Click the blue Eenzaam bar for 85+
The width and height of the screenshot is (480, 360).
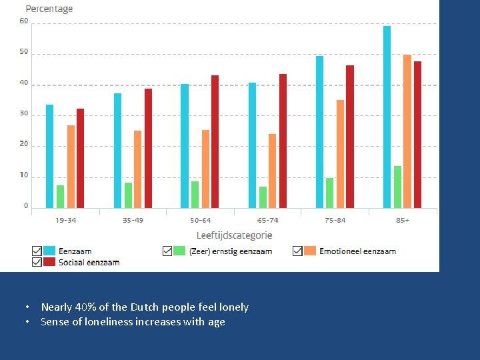point(387,117)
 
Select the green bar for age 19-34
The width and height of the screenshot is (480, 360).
point(60,197)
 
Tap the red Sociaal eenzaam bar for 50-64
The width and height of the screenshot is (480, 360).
point(215,141)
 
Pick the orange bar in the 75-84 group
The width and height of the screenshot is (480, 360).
point(340,154)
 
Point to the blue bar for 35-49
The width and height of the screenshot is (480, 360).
point(117,151)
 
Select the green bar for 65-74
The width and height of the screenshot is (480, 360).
point(263,197)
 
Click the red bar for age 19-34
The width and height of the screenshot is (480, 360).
point(80,158)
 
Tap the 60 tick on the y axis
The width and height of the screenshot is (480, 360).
point(24,21)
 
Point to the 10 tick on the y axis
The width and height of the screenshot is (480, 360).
point(24,175)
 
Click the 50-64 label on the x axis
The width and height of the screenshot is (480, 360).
point(200,220)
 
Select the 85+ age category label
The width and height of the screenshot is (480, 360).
point(402,220)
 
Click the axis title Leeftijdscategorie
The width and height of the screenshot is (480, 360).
point(234,235)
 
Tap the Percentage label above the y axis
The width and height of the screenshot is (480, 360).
point(49,9)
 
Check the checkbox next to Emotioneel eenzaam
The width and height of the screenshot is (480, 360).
point(297,251)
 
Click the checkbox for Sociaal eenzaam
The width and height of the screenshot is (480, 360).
point(37,262)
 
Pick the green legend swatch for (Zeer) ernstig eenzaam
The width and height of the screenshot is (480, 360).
point(179,251)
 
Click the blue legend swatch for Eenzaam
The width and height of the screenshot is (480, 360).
point(49,251)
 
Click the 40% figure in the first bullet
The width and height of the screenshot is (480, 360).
point(85,307)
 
